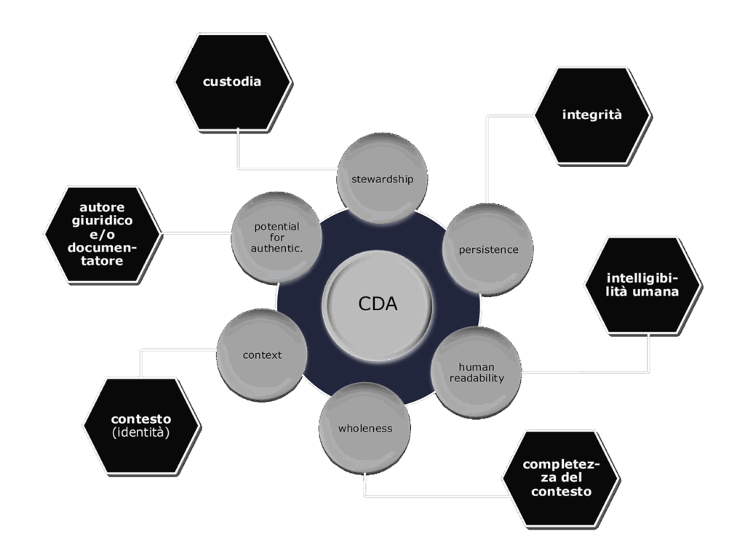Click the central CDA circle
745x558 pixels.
378,304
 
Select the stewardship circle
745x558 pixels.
382,178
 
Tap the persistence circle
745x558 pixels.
487,249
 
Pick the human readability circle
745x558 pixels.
477,372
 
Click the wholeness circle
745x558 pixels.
364,428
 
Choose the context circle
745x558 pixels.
262,355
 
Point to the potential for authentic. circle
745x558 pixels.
276,238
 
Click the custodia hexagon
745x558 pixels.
232,82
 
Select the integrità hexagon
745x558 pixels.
591,115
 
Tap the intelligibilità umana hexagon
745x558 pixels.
642,285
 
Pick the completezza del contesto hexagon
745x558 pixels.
560,478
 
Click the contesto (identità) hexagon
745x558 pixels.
141,426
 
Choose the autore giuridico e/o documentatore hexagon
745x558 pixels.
103,234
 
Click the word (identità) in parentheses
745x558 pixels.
141,433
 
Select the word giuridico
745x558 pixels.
103,221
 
